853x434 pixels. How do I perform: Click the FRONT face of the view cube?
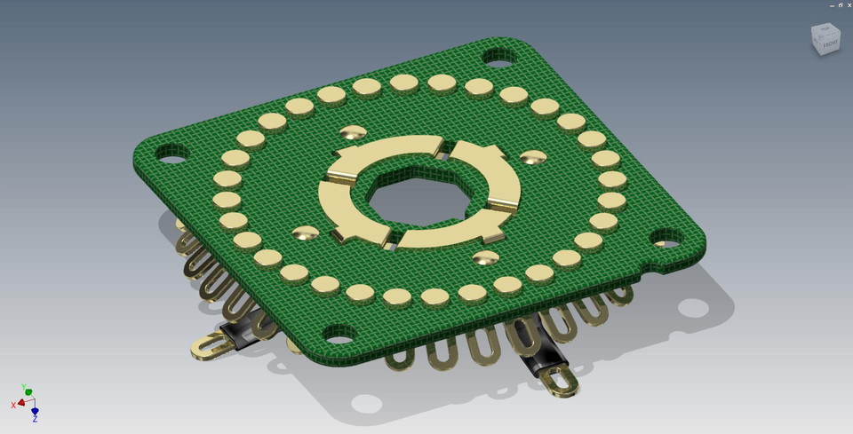pyautogui.click(x=830, y=43)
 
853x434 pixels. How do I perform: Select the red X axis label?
pyautogui.click(x=13, y=405)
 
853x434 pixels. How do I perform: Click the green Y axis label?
pyautogui.click(x=28, y=390)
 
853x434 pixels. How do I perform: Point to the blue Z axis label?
pyautogui.click(x=35, y=417)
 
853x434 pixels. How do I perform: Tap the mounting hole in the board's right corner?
pyautogui.click(x=666, y=238)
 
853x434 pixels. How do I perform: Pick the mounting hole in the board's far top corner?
pyautogui.click(x=499, y=58)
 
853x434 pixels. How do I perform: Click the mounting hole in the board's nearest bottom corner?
pyautogui.click(x=339, y=335)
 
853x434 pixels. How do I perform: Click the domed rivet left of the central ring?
pyautogui.click(x=305, y=233)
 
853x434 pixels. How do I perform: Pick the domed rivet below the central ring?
pyautogui.click(x=485, y=257)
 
